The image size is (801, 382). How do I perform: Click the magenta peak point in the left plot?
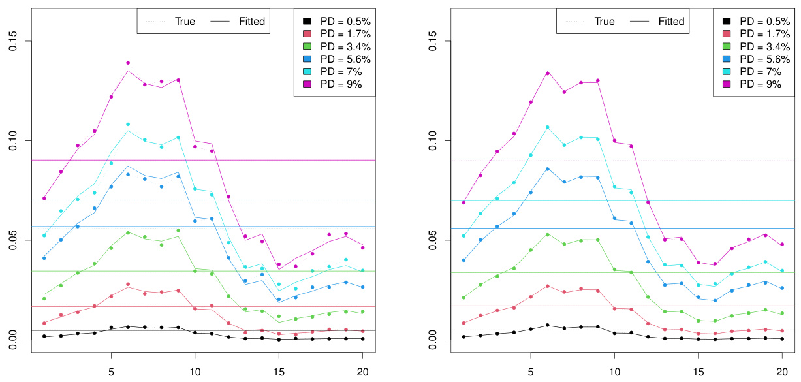[128, 63]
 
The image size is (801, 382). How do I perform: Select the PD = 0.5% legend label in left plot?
[334, 22]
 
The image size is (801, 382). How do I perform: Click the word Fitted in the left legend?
[251, 22]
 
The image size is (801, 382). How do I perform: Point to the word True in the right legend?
[604, 22]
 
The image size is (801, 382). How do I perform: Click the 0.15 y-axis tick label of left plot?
[12, 42]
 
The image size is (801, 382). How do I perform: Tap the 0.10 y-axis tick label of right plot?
[432, 141]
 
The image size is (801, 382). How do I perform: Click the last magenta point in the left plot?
[363, 247]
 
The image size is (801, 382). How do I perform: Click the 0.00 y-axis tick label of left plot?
[12, 340]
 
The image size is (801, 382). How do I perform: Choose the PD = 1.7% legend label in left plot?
[334, 34]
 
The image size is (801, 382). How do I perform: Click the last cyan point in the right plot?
[782, 270]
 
